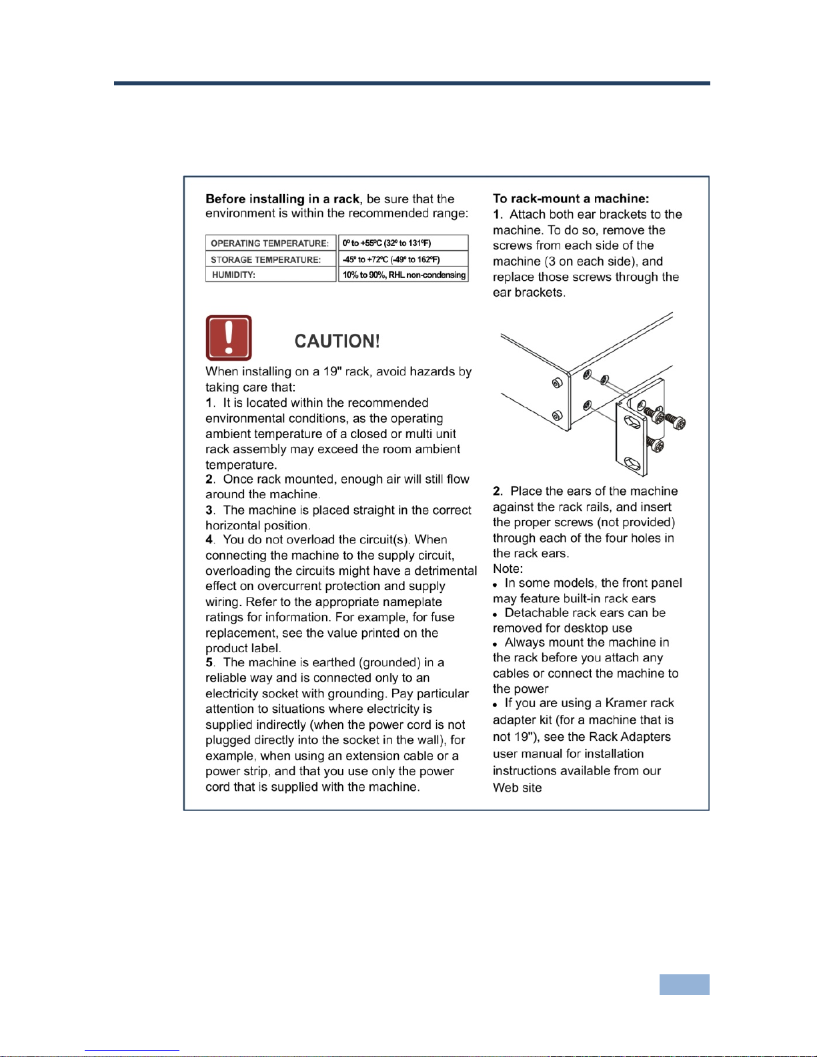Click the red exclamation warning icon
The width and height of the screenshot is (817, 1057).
[x=229, y=337]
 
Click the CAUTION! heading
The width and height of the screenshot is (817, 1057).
[x=337, y=341]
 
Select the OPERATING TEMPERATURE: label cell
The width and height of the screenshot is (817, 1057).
[x=271, y=243]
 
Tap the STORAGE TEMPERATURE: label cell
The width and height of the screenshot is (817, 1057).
[x=271, y=259]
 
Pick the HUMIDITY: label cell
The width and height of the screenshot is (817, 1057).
[x=271, y=274]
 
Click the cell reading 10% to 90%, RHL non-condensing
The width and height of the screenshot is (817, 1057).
[x=403, y=274]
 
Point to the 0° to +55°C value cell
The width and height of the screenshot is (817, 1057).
[x=403, y=243]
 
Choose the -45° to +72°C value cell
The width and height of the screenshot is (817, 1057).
[x=403, y=259]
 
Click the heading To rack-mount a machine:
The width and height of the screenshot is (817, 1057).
[x=571, y=199]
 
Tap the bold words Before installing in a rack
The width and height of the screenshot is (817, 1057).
[x=282, y=199]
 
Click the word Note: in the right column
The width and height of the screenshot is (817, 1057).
[x=508, y=569]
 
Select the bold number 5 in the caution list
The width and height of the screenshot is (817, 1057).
[x=209, y=662]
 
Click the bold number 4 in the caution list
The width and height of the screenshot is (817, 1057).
[x=209, y=540]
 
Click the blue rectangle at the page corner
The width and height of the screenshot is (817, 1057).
[x=684, y=984]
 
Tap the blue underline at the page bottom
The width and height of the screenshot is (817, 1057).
[x=132, y=1051]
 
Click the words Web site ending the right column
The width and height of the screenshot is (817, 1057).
[x=517, y=788]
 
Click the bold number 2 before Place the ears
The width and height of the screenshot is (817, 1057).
[x=496, y=491]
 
